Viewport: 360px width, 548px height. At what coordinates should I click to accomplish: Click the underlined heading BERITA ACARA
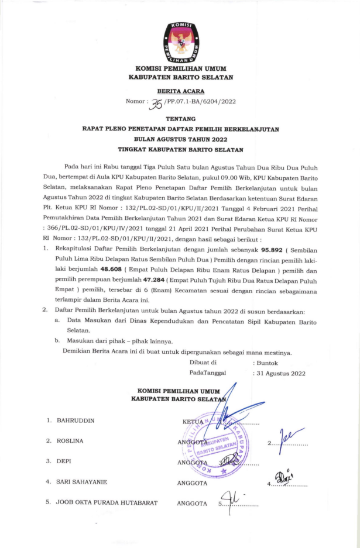click(180, 91)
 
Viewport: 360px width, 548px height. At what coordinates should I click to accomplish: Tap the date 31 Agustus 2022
click(280, 373)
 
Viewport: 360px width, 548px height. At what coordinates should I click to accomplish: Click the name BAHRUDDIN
click(76, 420)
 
